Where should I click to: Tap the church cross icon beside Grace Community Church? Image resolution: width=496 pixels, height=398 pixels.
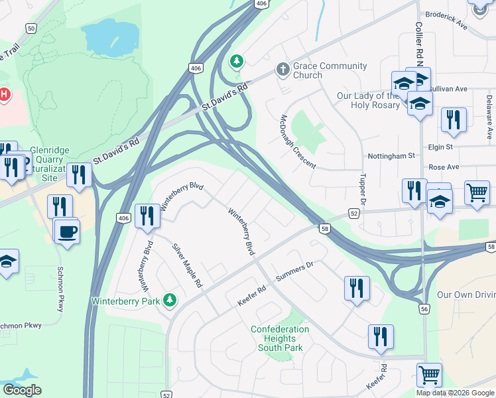point(282,69)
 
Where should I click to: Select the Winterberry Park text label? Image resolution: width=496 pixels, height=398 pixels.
point(126,300)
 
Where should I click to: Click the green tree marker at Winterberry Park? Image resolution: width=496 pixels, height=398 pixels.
point(170,300)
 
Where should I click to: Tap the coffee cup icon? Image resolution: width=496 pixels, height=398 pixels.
point(66,232)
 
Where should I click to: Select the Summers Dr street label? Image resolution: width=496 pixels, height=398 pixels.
point(294,271)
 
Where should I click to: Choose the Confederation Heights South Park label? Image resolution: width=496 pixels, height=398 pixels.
point(280,338)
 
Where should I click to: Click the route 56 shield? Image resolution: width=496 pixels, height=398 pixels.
point(423,308)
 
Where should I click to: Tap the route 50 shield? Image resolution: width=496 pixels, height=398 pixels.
point(31,28)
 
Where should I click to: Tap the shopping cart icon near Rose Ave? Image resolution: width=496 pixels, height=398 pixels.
point(477,192)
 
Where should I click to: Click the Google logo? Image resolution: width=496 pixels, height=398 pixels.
point(22,390)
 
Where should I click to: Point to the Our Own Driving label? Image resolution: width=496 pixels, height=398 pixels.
point(465,294)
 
